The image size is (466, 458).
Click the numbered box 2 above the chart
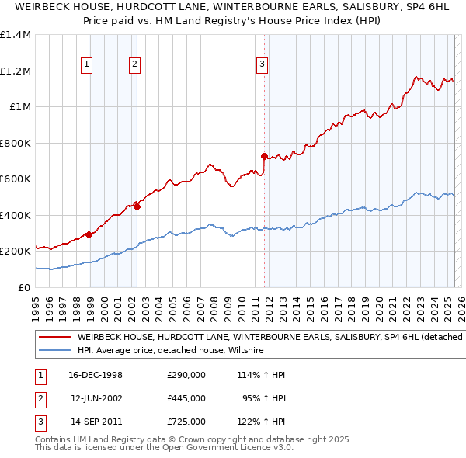pyautogui.click(x=134, y=64)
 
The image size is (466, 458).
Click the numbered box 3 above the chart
pyautogui.click(x=262, y=64)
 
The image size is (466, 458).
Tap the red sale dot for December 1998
pyautogui.click(x=89, y=234)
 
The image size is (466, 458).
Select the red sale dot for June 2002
pyautogui.click(x=137, y=206)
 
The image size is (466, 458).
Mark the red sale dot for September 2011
pyautogui.click(x=264, y=156)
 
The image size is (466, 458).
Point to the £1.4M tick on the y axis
pyautogui.click(x=16, y=35)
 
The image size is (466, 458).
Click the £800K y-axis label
pyautogui.click(x=16, y=143)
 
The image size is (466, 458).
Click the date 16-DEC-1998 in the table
pyautogui.click(x=96, y=375)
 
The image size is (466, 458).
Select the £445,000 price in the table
pyautogui.click(x=186, y=398)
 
